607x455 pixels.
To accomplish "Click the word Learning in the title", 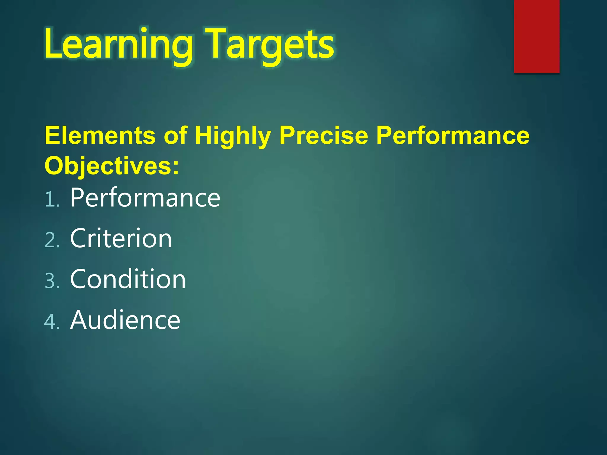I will click(x=119, y=44).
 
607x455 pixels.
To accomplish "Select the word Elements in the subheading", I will click(x=100, y=136).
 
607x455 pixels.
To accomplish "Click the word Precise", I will click(x=324, y=136).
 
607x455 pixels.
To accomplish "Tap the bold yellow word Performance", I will click(x=453, y=136).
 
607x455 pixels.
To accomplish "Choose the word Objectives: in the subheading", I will click(x=112, y=166).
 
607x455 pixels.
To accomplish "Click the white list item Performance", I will click(x=145, y=198).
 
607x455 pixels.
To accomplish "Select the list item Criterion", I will click(x=121, y=238).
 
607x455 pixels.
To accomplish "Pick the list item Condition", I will click(x=128, y=279).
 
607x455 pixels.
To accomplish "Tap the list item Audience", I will click(x=125, y=320).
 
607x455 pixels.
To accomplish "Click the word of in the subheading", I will click(x=175, y=136).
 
